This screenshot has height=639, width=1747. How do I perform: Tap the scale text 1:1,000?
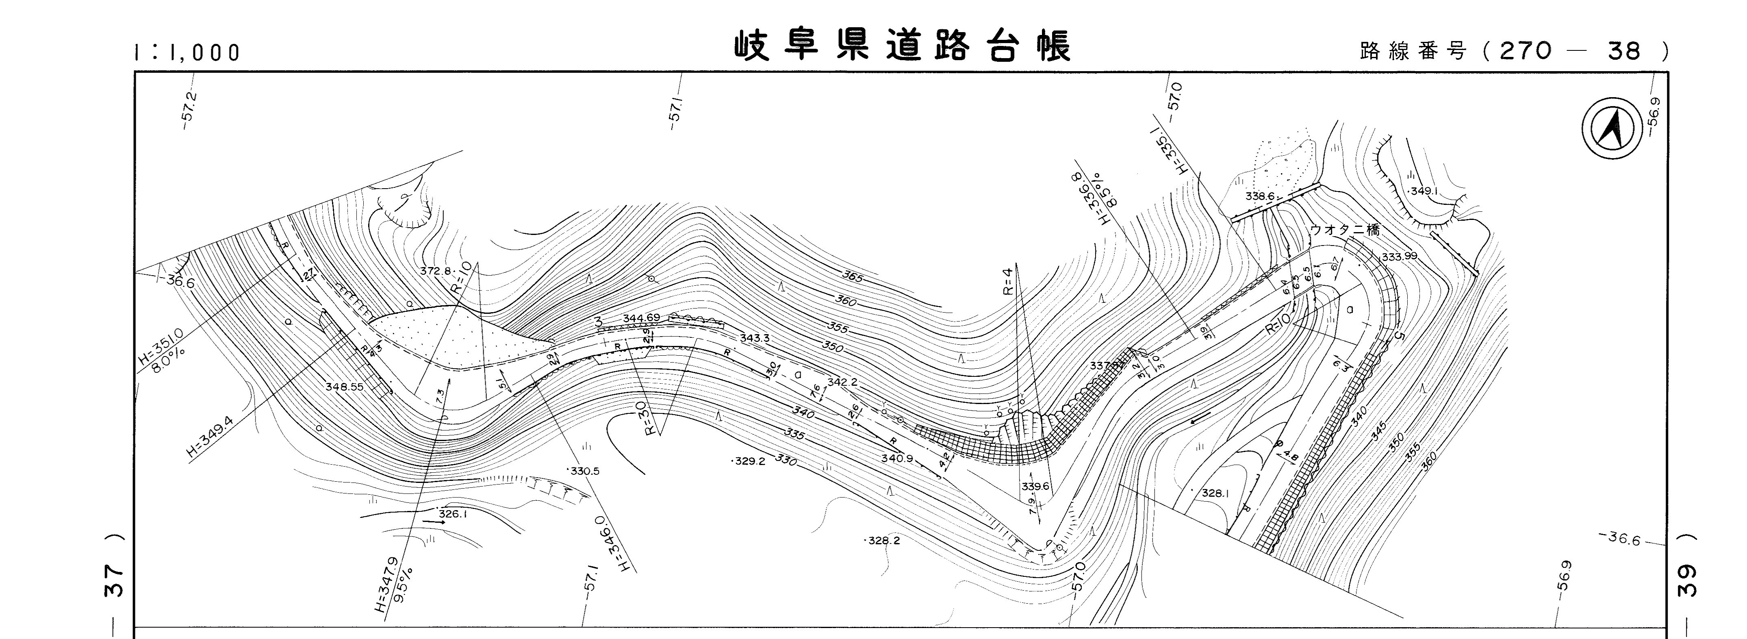187,52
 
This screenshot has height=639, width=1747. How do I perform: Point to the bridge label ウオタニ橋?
1344,230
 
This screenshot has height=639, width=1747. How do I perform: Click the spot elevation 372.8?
435,271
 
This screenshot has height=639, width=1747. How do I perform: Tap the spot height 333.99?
1400,256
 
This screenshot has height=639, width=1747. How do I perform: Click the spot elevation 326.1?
452,514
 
